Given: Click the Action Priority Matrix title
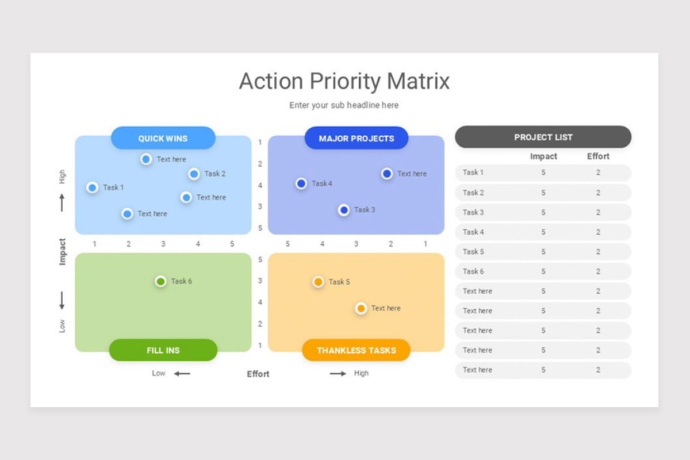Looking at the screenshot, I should (344, 81).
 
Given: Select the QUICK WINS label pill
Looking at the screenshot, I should (163, 139).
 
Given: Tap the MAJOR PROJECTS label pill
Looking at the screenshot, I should (356, 139).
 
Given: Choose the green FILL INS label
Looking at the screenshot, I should (163, 350).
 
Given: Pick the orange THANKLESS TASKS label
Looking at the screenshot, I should (356, 350).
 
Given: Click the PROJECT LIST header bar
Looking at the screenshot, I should (543, 137).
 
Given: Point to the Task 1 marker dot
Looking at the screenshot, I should (92, 187).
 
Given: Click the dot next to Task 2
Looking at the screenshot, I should (194, 174).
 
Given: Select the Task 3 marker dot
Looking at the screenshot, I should (344, 210).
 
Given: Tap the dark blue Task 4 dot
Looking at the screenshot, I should (301, 183).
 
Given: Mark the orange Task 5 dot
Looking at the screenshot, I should (318, 282).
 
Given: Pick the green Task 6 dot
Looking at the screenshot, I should (160, 281).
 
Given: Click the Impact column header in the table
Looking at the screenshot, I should (543, 156).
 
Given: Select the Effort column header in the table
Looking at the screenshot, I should (598, 156).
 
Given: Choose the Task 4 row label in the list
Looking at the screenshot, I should (473, 232).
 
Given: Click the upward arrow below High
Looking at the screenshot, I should (62, 202).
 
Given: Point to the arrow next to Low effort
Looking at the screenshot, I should (182, 374).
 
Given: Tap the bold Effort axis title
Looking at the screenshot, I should (258, 374).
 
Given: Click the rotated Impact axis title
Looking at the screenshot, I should (63, 252).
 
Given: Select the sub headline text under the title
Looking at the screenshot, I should (344, 105).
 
